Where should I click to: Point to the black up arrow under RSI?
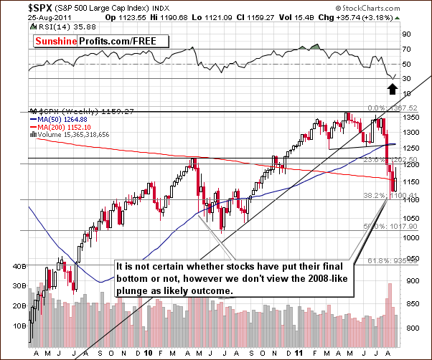click(x=393, y=87)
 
